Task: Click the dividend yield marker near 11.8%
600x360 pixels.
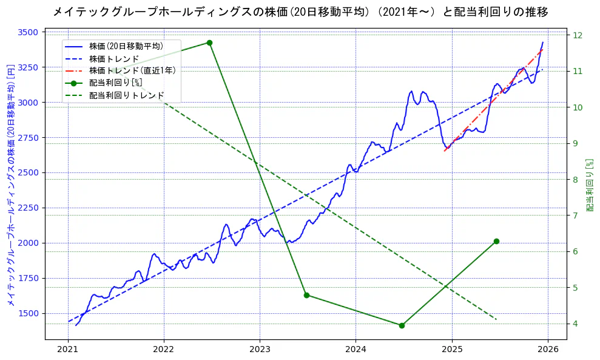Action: pyautogui.click(x=209, y=42)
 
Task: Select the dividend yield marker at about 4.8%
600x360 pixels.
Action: pyautogui.click(x=306, y=295)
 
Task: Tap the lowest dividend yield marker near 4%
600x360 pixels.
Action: pyautogui.click(x=402, y=325)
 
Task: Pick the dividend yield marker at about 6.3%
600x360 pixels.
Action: pyautogui.click(x=496, y=241)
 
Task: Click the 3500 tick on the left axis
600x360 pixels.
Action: pyautogui.click(x=29, y=32)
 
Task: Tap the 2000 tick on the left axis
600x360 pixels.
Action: pyautogui.click(x=29, y=243)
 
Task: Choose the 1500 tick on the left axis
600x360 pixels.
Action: pyautogui.click(x=29, y=313)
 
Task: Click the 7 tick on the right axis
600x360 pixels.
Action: pyautogui.click(x=575, y=216)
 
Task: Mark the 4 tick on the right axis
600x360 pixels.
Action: pyautogui.click(x=575, y=324)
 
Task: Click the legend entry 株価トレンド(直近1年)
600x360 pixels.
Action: pyautogui.click(x=132, y=70)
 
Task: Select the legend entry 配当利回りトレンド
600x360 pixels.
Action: pyautogui.click(x=126, y=95)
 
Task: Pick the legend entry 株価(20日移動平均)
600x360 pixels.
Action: pyautogui.click(x=126, y=46)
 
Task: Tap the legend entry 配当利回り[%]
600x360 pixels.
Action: pyautogui.click(x=115, y=83)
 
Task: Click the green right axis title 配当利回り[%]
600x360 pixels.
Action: pyautogui.click(x=590, y=185)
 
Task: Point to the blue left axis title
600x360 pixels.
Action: pyautogui.click(x=10, y=185)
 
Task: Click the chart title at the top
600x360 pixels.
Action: pyautogui.click(x=300, y=12)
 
